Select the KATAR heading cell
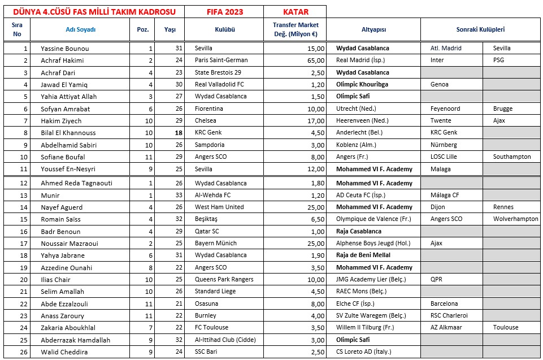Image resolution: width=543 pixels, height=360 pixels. [295, 12]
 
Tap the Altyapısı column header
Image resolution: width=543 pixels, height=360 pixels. [373, 29]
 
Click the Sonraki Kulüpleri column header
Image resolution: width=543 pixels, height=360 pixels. [480, 29]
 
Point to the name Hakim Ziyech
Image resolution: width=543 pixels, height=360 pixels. [61, 121]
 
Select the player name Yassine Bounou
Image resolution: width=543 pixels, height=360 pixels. [65, 49]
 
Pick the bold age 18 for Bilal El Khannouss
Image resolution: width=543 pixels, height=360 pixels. [178, 133]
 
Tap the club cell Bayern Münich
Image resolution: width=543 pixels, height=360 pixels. [216, 244]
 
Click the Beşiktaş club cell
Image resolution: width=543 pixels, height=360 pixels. [207, 219]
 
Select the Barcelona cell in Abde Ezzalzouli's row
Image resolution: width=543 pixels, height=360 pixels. [444, 304]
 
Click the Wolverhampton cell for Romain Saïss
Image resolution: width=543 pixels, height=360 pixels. [515, 219]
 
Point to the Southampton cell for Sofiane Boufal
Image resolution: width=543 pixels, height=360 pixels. [512, 157]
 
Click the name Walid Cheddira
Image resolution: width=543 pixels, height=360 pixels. [64, 352]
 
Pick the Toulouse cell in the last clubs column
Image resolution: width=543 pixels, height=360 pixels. [506, 328]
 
